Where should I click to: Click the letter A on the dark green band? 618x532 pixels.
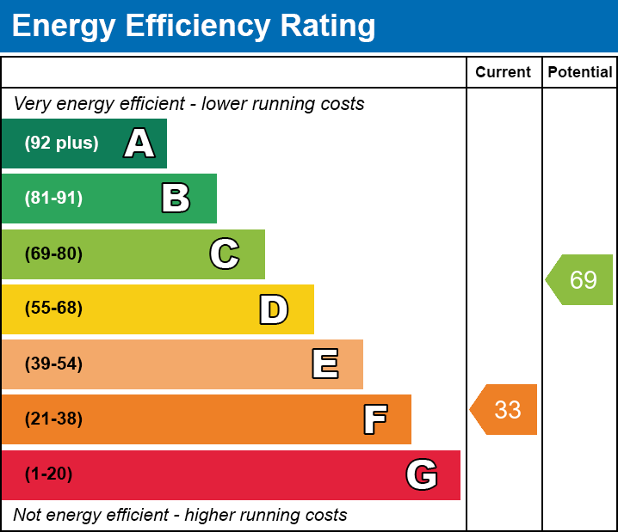pos(139,144)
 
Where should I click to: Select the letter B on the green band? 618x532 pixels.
pos(176,199)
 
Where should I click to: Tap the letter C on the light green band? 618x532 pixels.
pos(225,254)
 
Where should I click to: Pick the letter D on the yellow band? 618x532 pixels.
pos(274,309)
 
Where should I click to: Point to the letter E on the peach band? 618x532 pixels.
pos(324,364)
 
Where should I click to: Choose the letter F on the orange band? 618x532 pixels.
pos(375,419)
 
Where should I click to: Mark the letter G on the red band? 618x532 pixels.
pos(422,474)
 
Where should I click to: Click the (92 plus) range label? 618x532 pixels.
pos(61,144)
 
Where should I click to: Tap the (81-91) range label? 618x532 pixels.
pos(53,199)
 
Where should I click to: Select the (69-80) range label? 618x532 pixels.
pos(53,254)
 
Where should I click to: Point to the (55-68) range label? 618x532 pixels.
pos(53,309)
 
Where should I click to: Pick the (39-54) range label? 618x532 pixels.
pos(53,364)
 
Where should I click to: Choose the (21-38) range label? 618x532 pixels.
pos(53,419)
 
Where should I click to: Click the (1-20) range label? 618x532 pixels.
pos(49,474)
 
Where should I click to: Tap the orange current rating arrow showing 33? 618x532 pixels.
pos(504,410)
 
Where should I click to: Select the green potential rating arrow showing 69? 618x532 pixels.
pos(581,280)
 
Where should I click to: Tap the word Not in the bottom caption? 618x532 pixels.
pos(28,516)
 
